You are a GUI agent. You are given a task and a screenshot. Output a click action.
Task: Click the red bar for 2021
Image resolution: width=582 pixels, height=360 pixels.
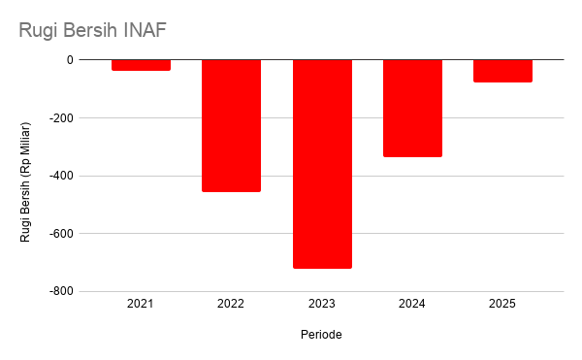tap(141, 65)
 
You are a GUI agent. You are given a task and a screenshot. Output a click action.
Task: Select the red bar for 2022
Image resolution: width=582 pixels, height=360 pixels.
tap(231, 126)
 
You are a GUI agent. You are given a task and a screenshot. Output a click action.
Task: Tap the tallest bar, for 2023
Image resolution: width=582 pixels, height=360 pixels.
tap(322, 164)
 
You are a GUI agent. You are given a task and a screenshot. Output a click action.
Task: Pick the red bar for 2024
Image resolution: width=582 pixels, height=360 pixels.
tap(413, 109)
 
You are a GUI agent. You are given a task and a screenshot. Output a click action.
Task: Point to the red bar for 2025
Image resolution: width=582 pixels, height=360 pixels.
tap(502, 71)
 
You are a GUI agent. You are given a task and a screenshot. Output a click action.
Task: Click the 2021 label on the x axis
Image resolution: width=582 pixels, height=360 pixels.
tap(141, 304)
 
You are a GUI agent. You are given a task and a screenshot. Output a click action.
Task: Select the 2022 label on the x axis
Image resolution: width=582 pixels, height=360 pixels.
tap(231, 304)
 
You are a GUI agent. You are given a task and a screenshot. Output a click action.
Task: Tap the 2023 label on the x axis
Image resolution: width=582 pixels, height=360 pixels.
tap(322, 304)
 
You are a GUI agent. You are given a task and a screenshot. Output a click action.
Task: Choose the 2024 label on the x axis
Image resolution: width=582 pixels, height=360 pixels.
tap(412, 304)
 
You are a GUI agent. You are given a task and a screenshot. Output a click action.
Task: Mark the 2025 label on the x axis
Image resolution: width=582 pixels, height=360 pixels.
tap(502, 304)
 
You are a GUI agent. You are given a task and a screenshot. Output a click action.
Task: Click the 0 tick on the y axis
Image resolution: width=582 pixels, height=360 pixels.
tap(70, 60)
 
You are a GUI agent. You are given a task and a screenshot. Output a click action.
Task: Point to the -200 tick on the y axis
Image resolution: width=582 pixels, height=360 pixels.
tap(62, 118)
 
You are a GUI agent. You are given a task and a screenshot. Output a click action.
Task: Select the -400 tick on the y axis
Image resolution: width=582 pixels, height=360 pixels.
tap(62, 176)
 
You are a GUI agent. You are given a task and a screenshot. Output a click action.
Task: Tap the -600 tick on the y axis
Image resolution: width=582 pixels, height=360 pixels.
tap(62, 234)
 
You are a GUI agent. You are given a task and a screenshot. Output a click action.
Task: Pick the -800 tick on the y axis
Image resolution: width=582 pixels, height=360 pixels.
tap(62, 292)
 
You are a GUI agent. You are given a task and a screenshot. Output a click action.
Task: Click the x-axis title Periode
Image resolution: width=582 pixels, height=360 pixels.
tap(321, 335)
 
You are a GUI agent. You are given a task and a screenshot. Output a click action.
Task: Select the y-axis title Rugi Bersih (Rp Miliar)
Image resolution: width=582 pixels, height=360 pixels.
tap(25, 182)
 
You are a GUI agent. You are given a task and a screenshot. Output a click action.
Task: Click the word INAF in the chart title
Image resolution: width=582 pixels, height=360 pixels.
tap(145, 30)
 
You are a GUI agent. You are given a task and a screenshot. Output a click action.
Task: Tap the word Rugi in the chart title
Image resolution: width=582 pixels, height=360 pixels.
tap(39, 31)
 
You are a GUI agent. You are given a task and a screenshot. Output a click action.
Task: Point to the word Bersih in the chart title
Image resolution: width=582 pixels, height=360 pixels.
tap(91, 30)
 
